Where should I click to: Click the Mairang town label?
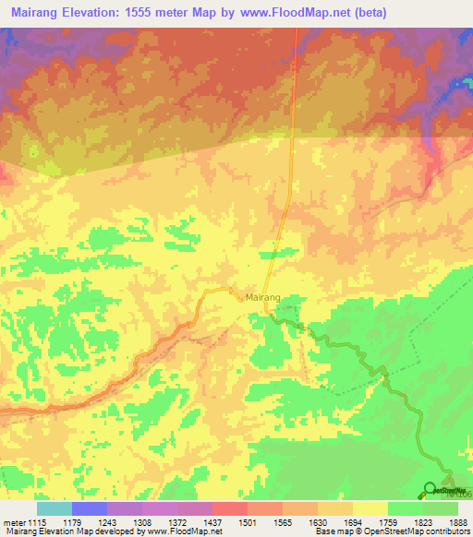coord(262,297)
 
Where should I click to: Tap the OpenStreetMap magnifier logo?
coord(431,488)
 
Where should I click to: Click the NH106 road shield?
coord(463,495)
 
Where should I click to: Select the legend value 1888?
coord(459,524)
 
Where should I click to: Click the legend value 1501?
coord(247,524)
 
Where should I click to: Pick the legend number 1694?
coord(353,524)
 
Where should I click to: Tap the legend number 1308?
coord(141,524)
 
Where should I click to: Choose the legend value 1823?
coord(423,524)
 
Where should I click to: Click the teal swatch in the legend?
coord(54,508)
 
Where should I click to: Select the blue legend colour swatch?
coord(89,508)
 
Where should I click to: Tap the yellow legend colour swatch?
coord(370,508)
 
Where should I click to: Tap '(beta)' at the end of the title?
coord(362,12)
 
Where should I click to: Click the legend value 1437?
coord(212,524)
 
